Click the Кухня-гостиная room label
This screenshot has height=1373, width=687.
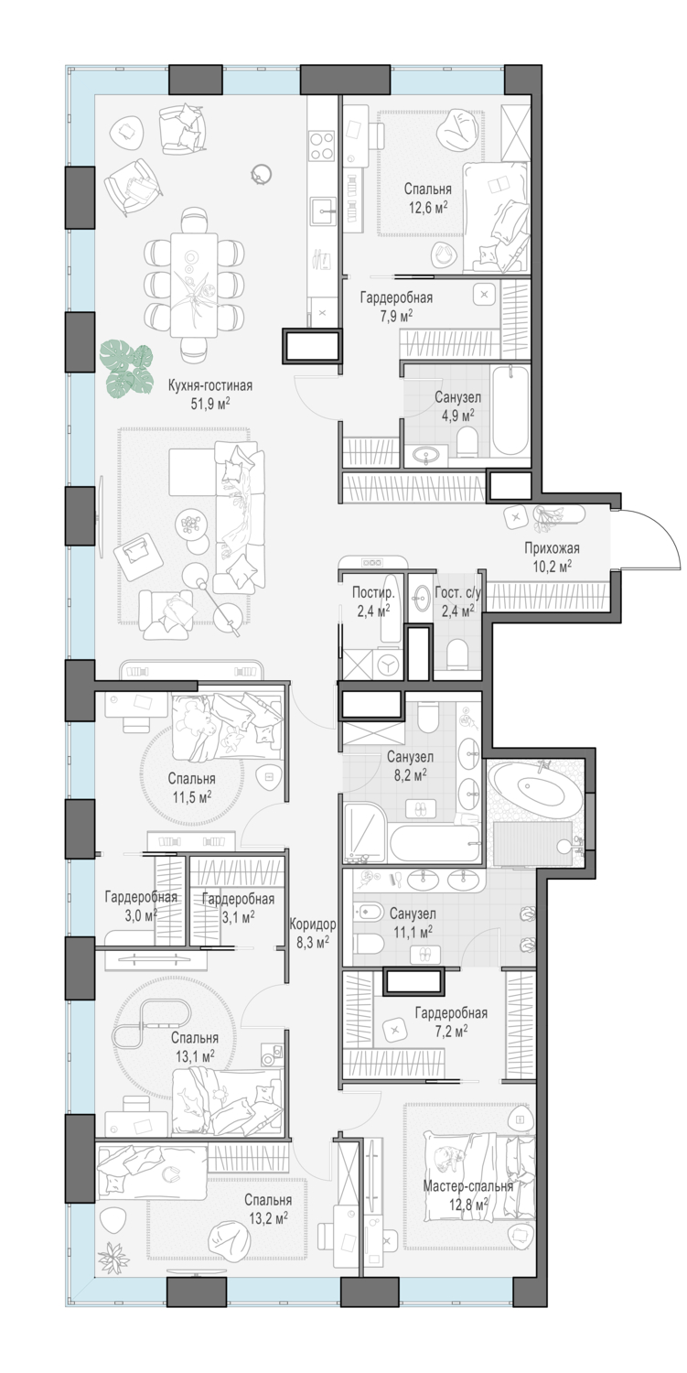pos(210,386)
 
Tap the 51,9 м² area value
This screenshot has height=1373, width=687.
pos(210,403)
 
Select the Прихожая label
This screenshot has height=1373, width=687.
pos(551,548)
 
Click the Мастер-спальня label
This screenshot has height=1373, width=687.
pos(467,1186)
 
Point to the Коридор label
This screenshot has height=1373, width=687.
pos(313,924)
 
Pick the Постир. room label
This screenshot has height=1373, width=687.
pos(373,593)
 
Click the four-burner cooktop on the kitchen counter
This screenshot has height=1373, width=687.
pos(321,146)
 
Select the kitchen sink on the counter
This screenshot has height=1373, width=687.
pos(322,212)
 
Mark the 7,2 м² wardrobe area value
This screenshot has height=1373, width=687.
pos(451,1030)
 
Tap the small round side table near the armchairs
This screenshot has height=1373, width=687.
pos(263,174)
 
